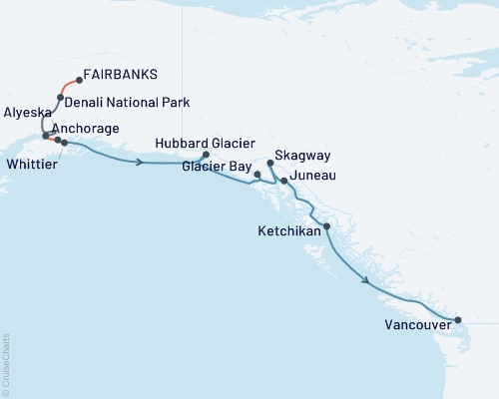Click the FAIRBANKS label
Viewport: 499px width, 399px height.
pos(122,74)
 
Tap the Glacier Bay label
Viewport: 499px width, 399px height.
pos(215,168)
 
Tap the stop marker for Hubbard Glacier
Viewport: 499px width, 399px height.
pos(206,156)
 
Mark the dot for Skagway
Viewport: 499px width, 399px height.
pos(270,162)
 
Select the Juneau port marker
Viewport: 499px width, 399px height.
pos(284,181)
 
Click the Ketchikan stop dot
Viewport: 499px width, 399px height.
pos(326,227)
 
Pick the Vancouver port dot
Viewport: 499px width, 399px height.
pos(458,320)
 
